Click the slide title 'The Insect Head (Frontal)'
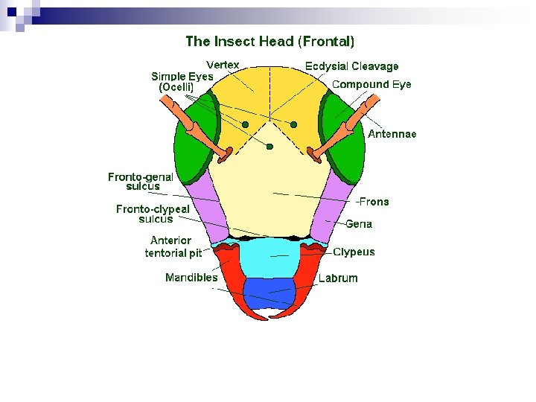point(269,41)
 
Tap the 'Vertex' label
point(223,65)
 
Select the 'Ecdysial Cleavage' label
point(351,67)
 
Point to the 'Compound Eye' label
point(371,84)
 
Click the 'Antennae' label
point(392,134)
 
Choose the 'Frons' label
point(373,202)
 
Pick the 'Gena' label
point(359,224)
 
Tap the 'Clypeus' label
point(354,252)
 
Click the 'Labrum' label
point(338,278)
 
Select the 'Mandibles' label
point(191,278)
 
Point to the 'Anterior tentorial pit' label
point(173,246)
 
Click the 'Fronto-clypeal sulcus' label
point(153,214)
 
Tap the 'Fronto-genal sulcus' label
point(141,182)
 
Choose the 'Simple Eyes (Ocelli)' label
point(182,81)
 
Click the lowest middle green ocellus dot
point(270,147)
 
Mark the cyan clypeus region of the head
point(269,256)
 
